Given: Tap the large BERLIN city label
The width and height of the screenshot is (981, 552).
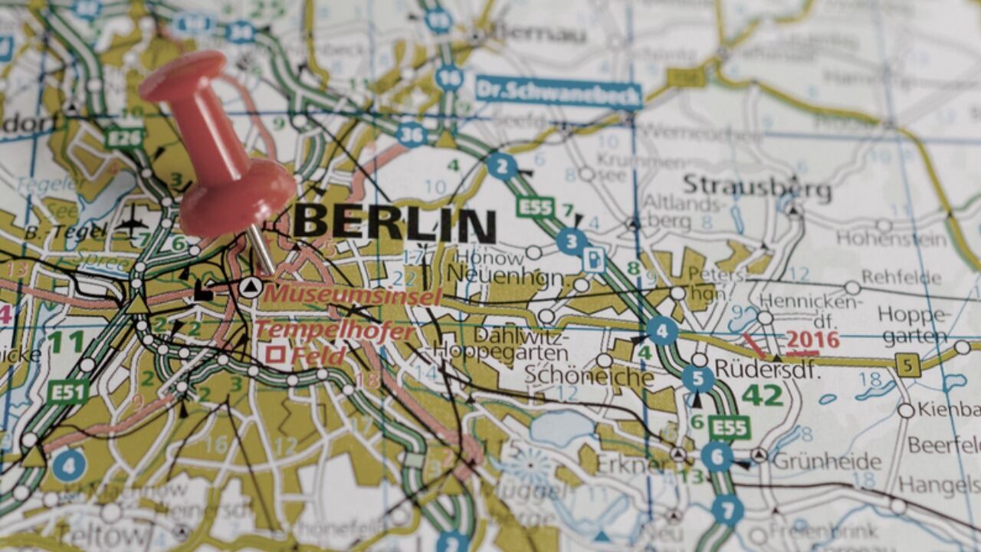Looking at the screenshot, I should pos(395,223).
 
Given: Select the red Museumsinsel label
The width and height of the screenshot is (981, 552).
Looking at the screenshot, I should pos(353,294).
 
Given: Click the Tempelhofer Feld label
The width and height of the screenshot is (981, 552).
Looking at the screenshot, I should pos(333,343).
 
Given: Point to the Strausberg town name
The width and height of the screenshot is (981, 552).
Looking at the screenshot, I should pos(756,186).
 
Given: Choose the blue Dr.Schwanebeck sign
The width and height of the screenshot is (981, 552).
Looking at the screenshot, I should pos(558,92).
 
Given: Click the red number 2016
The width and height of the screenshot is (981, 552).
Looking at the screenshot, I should pos(812,340).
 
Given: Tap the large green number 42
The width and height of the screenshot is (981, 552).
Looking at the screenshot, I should pos(762,396).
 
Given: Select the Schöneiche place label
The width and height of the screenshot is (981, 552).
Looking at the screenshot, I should pos(589,376).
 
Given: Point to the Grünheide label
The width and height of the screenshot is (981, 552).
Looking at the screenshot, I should pos(826,462).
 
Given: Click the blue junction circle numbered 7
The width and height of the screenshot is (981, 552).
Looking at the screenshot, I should pos(727,509).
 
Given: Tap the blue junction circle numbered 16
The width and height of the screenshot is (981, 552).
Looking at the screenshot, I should pos(449,77).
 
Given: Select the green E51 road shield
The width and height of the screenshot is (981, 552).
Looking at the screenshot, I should pos(67,393).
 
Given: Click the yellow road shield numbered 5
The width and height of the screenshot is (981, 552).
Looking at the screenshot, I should pos(907,365).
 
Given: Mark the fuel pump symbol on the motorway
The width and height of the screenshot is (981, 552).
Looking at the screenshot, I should pos(593,259).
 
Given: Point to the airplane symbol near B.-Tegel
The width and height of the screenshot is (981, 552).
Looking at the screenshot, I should pos(133,225).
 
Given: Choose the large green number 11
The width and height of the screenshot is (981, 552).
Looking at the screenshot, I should pos(66,342).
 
